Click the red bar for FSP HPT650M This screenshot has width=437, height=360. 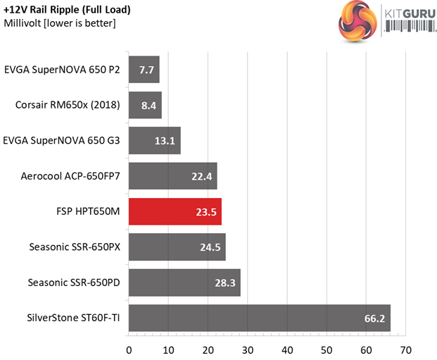tap(175, 211)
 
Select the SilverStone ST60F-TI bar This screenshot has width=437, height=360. tap(259, 318)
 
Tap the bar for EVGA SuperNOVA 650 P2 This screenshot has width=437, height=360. tap(144, 70)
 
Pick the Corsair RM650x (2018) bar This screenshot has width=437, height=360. tap(145, 105)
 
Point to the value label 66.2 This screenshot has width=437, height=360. tap(374, 318)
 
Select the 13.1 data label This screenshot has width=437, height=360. tap(165, 141)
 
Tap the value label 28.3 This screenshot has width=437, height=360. tap(224, 283)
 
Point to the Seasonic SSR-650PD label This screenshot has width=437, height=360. tap(74, 283)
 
